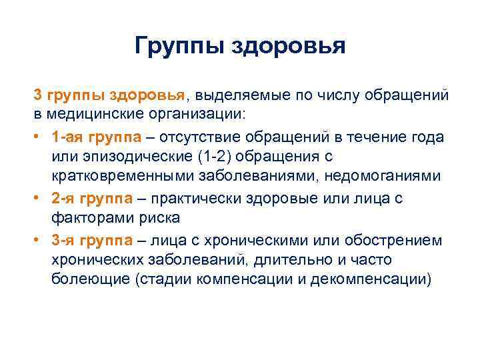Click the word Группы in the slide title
(x=178, y=47)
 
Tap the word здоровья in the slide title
(x=288, y=47)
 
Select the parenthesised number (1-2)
(x=227, y=157)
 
